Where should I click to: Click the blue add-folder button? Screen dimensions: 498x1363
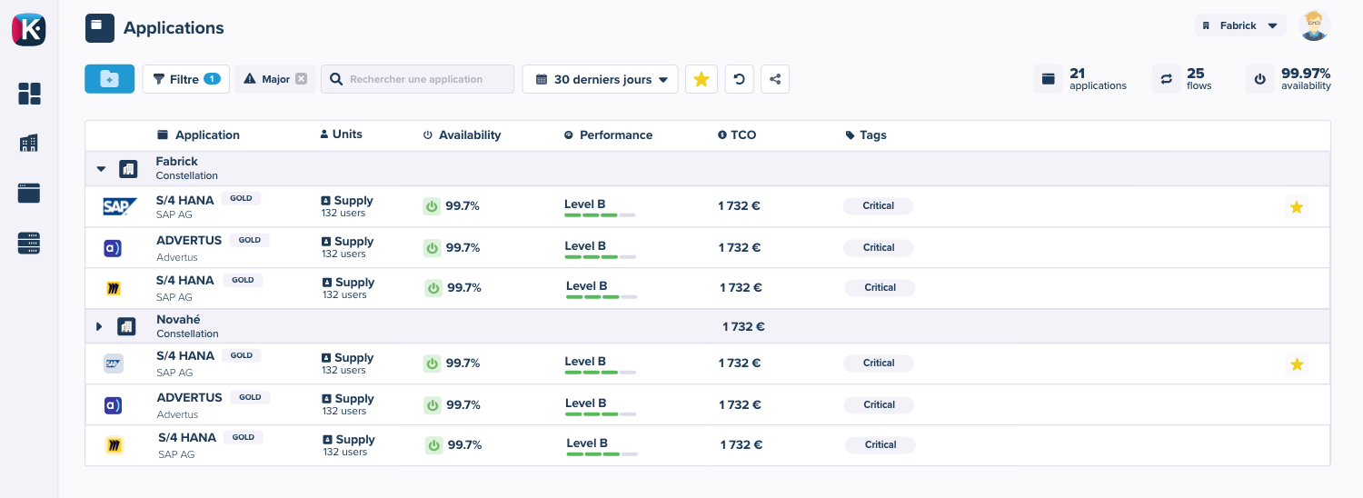pos(109,79)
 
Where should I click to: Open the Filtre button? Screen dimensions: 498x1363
pos(185,79)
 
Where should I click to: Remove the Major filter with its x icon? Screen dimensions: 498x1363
pos(301,79)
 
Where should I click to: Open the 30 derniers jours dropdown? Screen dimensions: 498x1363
pos(601,79)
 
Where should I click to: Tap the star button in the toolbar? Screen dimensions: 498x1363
pos(701,79)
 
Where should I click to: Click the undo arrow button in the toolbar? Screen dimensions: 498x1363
pos(739,79)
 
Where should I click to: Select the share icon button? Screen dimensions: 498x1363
pos(774,79)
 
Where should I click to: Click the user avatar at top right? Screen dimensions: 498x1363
pos(1314,25)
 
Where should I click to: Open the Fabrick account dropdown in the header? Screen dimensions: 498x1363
pos(1240,25)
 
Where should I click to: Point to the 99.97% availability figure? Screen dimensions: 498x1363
pos(1306,74)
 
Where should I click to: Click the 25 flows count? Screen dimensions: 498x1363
pos(1195,74)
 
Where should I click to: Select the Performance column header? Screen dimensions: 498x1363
pos(615,134)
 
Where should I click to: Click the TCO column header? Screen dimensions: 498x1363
pos(742,134)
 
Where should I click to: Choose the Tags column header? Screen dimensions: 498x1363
pos(872,134)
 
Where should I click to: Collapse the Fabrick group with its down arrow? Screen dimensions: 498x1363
pos(101,169)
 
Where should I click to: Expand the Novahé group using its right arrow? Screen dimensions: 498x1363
pos(100,326)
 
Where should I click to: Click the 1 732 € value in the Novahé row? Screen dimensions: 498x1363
pos(743,326)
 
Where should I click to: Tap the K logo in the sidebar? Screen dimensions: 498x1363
pos(28,29)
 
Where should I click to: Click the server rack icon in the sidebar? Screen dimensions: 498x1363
pos(29,243)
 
